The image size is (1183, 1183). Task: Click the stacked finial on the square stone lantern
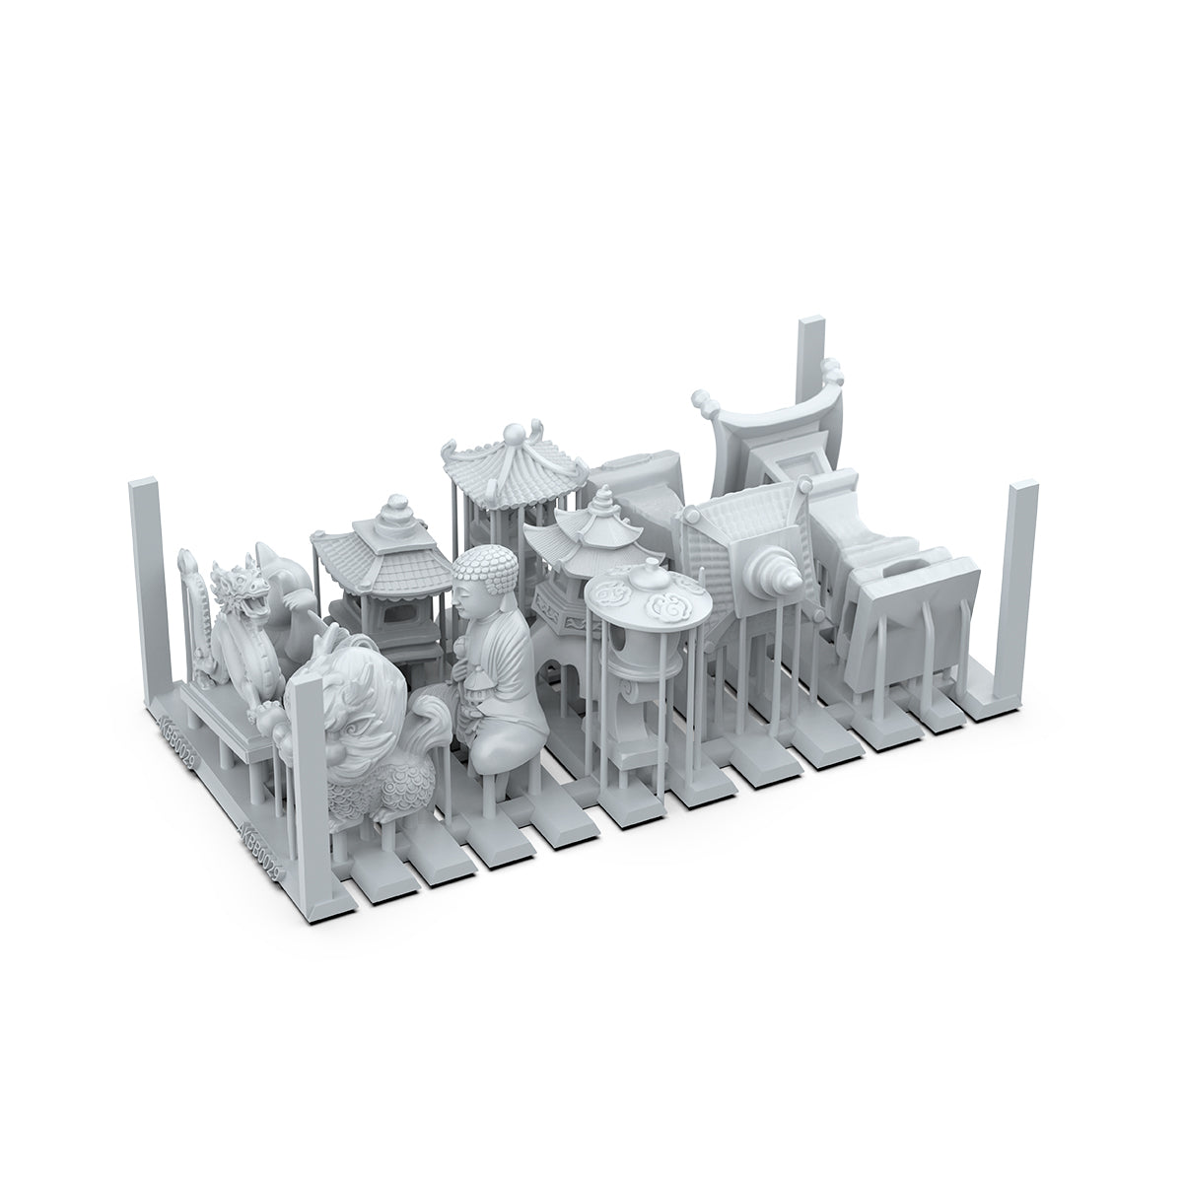point(393,513)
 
